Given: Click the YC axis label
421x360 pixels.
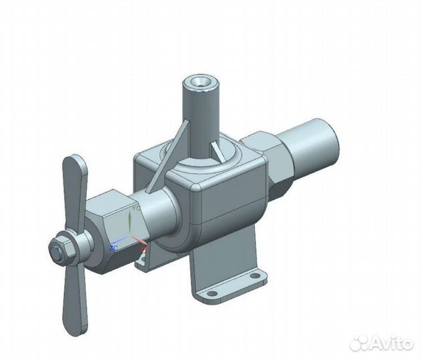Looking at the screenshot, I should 136,208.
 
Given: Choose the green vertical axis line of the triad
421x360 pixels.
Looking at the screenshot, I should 129,223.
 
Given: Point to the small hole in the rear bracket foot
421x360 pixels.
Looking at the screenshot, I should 141,265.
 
